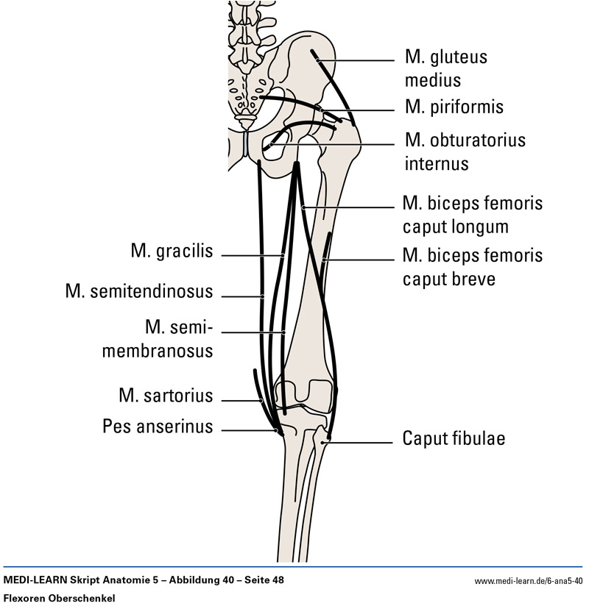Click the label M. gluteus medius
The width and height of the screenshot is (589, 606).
[x=445, y=68]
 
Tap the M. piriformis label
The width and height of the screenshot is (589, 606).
[x=454, y=107]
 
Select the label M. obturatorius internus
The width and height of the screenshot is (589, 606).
[x=464, y=150]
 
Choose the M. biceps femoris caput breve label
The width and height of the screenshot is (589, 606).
[x=472, y=266]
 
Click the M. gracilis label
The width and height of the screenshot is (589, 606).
[x=172, y=252]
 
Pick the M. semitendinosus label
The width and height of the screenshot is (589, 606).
[x=139, y=292]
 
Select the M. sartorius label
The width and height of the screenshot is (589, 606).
[x=166, y=396]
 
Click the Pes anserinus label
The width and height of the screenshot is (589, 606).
[x=158, y=427]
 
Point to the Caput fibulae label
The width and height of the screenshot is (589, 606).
[x=454, y=439]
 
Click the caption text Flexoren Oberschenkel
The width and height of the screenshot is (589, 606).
[x=60, y=598]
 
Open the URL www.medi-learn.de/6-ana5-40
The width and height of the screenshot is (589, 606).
[x=528, y=581]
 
